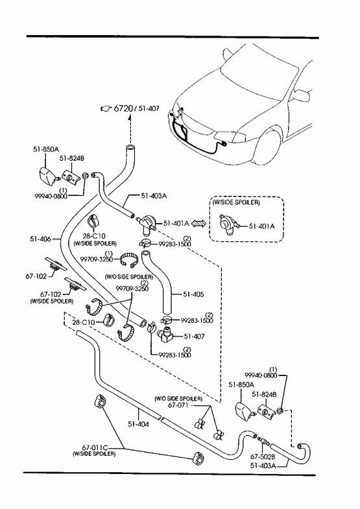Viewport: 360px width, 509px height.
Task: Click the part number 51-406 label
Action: click(40, 239)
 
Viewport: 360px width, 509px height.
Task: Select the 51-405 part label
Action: click(193, 294)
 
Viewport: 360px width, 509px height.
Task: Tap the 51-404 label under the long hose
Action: click(139, 423)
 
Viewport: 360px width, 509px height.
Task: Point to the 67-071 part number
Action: click(178, 405)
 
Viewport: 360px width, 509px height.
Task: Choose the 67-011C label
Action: click(93, 448)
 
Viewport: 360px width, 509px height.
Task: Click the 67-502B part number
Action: click(263, 456)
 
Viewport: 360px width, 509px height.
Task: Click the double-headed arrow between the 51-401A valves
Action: click(198, 223)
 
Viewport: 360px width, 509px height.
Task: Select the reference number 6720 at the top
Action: click(123, 108)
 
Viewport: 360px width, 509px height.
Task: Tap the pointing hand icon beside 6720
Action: click(106, 108)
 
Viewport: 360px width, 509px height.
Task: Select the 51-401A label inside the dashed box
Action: click(261, 226)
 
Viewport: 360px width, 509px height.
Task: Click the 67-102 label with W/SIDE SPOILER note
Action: click(51, 294)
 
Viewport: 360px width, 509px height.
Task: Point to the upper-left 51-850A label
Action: click(46, 149)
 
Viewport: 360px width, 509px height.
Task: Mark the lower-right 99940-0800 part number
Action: click(261, 375)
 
